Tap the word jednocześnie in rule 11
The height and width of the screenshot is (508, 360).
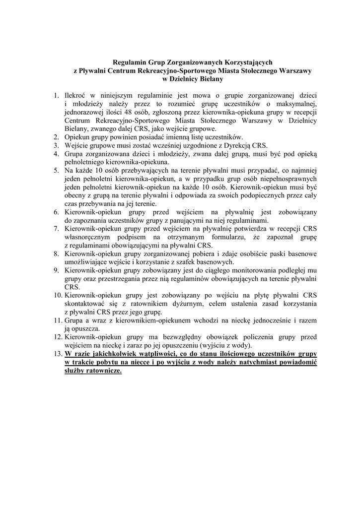coord(253,320)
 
